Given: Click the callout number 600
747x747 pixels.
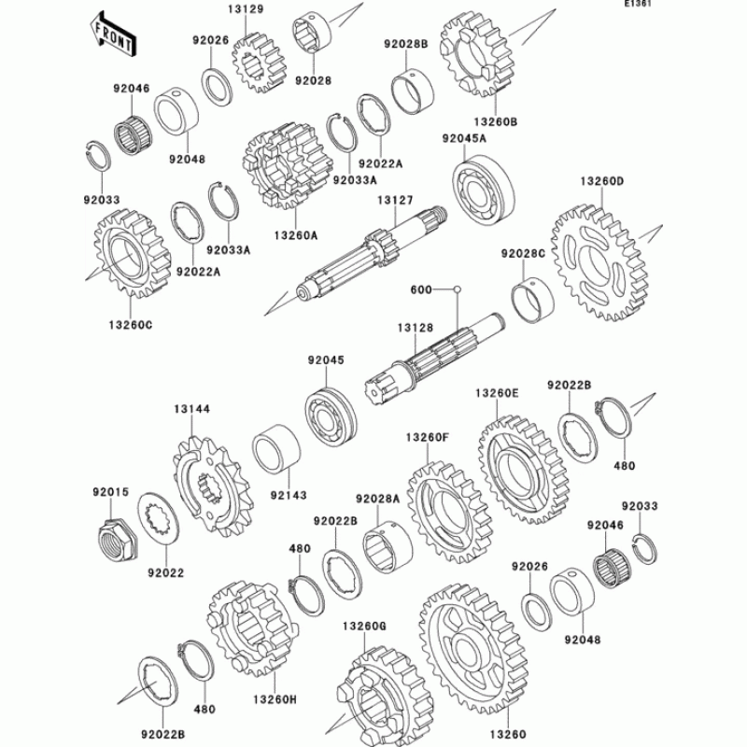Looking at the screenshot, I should coord(422,289).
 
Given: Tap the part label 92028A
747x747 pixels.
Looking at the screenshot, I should coord(377,499).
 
